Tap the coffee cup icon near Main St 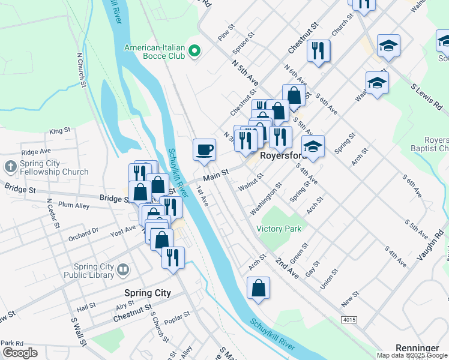[x=204, y=149]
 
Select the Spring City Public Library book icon [x=123, y=271]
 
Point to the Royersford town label [x=283, y=155]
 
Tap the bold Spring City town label [x=147, y=293]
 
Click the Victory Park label [x=279, y=229]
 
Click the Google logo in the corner [x=20, y=353]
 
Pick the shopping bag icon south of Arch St [x=258, y=288]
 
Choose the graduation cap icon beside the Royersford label [x=313, y=146]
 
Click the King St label [x=60, y=130]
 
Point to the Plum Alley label [x=74, y=206]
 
